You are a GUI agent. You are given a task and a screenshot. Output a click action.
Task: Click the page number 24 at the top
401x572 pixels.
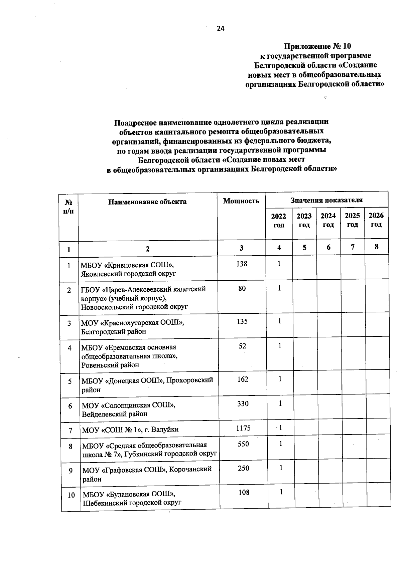click(x=221, y=28)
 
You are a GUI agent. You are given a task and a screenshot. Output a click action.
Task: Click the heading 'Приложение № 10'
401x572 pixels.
click(x=317, y=46)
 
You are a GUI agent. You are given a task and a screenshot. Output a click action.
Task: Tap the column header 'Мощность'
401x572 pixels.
click(x=241, y=201)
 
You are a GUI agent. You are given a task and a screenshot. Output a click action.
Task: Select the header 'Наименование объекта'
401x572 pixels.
click(x=147, y=202)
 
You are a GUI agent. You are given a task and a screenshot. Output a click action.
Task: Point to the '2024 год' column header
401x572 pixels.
click(x=328, y=220)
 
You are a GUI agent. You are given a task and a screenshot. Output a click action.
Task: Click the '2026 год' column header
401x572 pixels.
click(x=376, y=220)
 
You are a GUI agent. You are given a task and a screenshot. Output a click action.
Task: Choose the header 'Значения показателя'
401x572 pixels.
click(x=326, y=200)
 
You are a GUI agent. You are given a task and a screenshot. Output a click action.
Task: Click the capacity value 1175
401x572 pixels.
click(x=243, y=428)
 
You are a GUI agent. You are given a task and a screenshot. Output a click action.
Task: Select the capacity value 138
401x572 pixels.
click(x=242, y=264)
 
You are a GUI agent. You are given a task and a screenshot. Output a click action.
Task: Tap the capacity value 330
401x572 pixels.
click(x=243, y=404)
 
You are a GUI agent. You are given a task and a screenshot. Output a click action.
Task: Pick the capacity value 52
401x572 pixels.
click(x=242, y=346)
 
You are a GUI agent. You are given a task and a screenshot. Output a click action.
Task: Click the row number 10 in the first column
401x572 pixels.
click(x=71, y=495)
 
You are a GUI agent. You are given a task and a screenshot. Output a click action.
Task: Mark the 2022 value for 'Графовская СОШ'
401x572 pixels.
click(x=281, y=468)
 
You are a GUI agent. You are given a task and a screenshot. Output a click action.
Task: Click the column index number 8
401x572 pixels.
click(x=377, y=247)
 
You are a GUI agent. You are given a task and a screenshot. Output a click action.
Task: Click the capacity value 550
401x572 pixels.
click(x=243, y=444)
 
